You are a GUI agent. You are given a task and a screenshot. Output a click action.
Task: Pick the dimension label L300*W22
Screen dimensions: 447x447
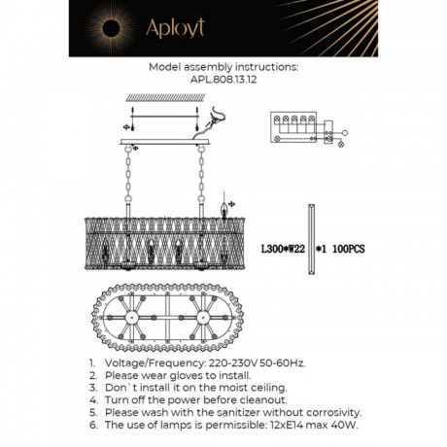[284, 250]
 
